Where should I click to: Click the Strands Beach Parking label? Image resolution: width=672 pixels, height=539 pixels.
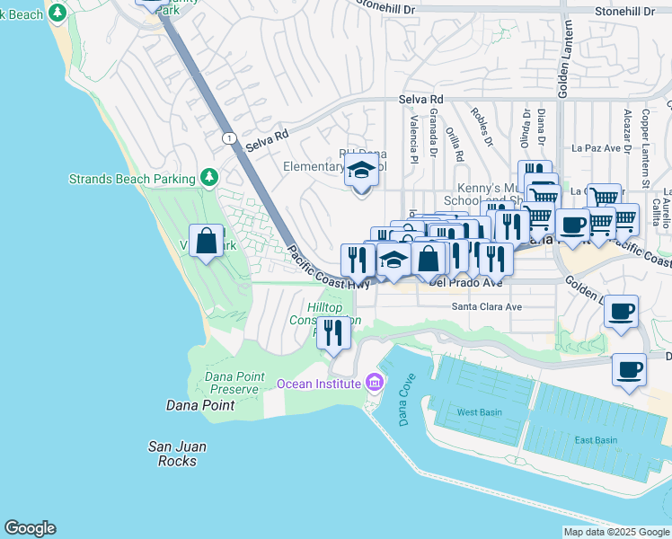pos(132,179)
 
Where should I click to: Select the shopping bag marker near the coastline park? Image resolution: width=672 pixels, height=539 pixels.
pos(207,241)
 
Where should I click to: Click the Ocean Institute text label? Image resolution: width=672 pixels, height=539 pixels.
pos(318,384)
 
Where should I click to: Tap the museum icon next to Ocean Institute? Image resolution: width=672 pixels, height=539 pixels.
pos(375,384)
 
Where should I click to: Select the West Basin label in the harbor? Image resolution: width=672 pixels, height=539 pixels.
pos(479,412)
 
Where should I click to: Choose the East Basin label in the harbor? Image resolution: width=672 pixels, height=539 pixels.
pos(596,440)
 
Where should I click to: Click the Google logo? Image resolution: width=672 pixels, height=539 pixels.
pos(30,528)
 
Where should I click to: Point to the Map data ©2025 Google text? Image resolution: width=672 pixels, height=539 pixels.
pos(615,532)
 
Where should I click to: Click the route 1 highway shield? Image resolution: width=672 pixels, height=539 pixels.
pos(231,137)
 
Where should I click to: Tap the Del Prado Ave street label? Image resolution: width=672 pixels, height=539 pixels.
pos(465,282)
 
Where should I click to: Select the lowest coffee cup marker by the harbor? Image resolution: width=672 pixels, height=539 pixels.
pos(629,368)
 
